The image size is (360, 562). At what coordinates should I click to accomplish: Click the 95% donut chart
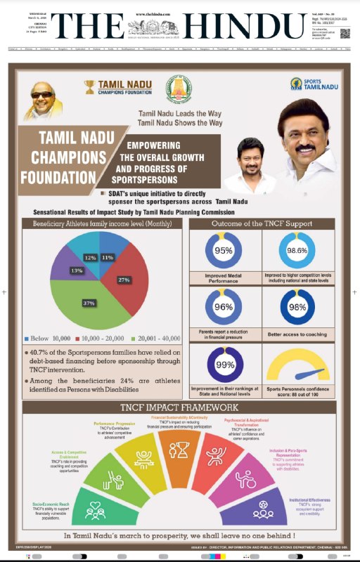tap(223, 251)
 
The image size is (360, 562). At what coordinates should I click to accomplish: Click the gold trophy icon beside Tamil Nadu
tap(89, 86)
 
